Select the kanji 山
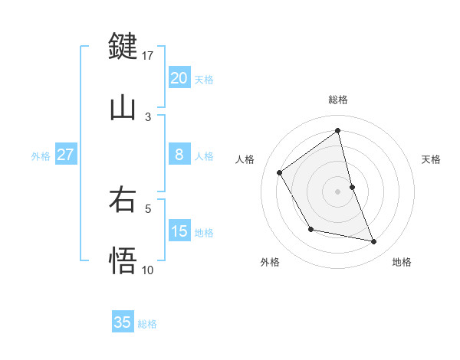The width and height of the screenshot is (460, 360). coord(123,107)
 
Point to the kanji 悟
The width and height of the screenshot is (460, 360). coord(123,260)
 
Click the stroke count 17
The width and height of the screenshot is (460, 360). coord(148,55)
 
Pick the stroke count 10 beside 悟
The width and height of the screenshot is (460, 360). coord(148,270)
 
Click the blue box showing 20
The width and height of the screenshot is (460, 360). coord(179,78)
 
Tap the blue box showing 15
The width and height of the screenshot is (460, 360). coord(179,231)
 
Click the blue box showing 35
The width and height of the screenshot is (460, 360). coord(123,322)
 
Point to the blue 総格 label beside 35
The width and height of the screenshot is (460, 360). coord(147,324)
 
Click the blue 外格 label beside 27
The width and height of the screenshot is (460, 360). coord(41,156)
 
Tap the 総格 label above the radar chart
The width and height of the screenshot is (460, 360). coord(338,100)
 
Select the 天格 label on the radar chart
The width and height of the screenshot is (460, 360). coord(431,159)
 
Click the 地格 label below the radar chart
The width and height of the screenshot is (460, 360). coord(402,262)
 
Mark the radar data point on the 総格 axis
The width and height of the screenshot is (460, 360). coord(338,130)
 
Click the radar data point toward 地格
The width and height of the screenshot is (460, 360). coord(374,242)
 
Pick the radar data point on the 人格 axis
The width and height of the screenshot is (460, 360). coord(280,172)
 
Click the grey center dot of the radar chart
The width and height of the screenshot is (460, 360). coord(338,191)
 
